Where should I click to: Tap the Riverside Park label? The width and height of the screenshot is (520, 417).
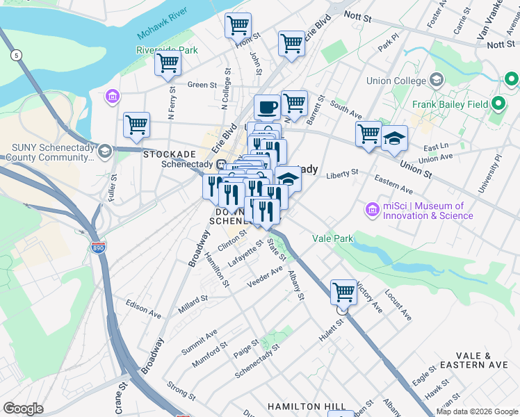click(168, 50)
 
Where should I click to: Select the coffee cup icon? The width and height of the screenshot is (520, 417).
click(267, 108)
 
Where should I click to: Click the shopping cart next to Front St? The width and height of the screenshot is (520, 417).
click(238, 26)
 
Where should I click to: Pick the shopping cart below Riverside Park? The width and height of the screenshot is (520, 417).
click(168, 63)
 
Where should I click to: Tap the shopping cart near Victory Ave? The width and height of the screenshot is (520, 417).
click(343, 292)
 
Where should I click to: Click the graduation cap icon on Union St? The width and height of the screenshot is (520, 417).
click(394, 139)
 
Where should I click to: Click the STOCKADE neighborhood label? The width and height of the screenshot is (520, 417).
click(169, 154)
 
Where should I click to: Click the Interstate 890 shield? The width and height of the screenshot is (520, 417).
click(98, 247)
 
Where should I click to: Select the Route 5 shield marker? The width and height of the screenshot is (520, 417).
click(15, 55)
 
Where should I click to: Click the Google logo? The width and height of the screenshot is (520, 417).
click(23, 408)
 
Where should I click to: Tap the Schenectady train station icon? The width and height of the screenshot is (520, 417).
click(221, 165)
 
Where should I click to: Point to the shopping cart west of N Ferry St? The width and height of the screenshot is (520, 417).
click(136, 125)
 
